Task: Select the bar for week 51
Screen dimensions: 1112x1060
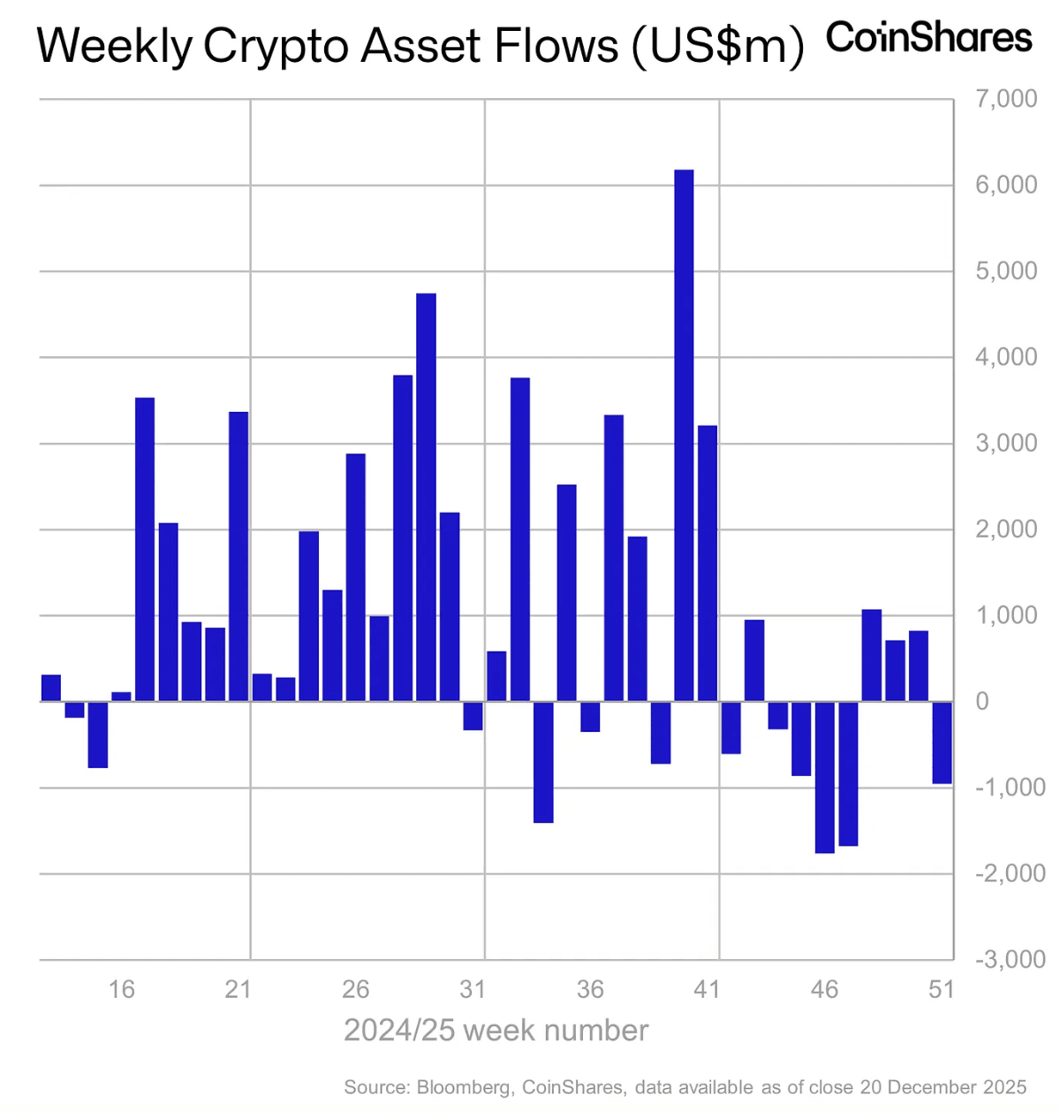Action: click(x=942, y=743)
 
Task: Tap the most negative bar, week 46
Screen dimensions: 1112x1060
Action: click(x=824, y=777)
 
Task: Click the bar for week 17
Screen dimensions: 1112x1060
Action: click(x=145, y=549)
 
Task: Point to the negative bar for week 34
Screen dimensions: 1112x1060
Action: click(x=543, y=762)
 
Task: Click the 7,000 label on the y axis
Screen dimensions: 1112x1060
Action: click(x=1006, y=98)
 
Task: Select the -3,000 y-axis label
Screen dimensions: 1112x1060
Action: click(x=1010, y=959)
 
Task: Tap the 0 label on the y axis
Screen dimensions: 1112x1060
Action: click(x=981, y=701)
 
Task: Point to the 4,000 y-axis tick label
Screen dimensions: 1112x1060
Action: click(x=1006, y=357)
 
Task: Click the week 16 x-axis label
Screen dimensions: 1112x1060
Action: click(x=122, y=989)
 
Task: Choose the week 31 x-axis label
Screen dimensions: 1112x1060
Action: click(x=473, y=989)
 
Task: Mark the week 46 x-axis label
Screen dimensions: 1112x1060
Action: click(x=824, y=989)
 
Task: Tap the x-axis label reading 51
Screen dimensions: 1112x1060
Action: click(x=942, y=989)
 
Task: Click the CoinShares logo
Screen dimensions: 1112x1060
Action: click(x=928, y=38)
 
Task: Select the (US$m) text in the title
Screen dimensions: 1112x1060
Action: click(x=716, y=46)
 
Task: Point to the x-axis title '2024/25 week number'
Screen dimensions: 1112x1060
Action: click(x=496, y=1031)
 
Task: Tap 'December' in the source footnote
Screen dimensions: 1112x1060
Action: click(x=935, y=1087)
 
